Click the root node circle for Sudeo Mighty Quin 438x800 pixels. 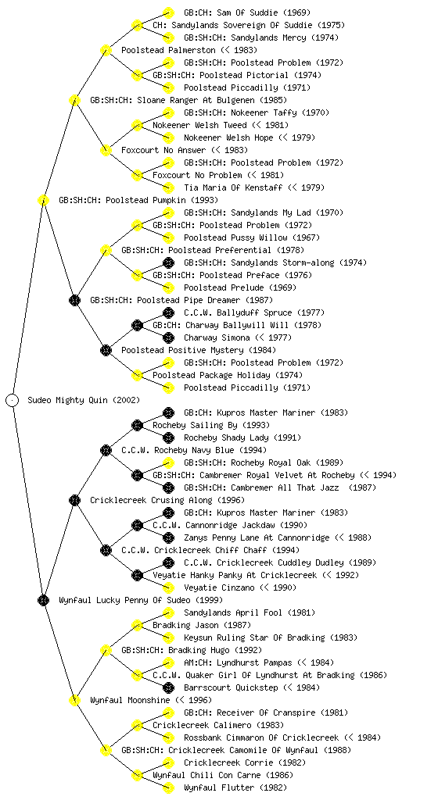(x=13, y=400)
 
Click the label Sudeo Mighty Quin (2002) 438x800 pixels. (x=84, y=400)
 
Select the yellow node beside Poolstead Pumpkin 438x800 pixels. (x=43, y=200)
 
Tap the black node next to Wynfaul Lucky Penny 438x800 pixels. (x=43, y=600)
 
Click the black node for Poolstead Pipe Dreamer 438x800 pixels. (x=74, y=300)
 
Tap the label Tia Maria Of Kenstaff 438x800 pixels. (x=233, y=187)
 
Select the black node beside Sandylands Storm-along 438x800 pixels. (x=168, y=262)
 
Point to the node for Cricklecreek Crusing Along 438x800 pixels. (x=74, y=500)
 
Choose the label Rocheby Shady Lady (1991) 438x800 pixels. (x=242, y=437)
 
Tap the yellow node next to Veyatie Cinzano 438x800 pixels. (x=168, y=587)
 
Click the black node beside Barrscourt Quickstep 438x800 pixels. (x=168, y=687)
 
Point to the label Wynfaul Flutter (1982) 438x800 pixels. (x=235, y=787)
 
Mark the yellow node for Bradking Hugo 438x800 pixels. (x=106, y=650)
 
